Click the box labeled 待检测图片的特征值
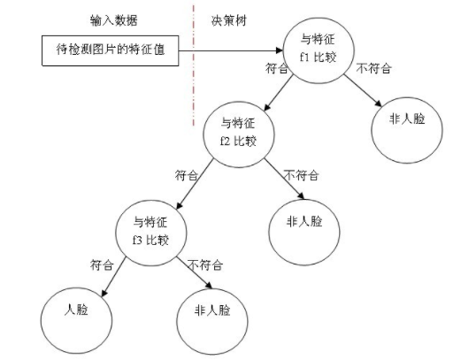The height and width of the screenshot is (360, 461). tap(111, 51)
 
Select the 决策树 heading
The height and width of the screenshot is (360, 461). tap(228, 19)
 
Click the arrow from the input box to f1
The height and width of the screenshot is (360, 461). tap(234, 50)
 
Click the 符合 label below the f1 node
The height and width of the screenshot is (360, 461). tap(277, 67)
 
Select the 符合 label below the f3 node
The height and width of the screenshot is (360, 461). tap(102, 264)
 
